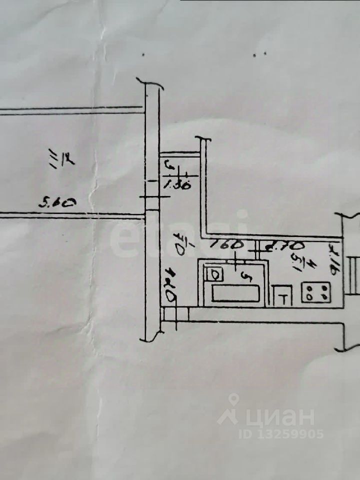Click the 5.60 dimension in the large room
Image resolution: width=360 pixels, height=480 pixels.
[58, 203]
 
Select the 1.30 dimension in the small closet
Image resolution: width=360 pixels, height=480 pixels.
[177, 184]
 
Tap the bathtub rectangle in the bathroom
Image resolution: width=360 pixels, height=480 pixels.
[235, 293]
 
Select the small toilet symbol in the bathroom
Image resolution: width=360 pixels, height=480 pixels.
[214, 274]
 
